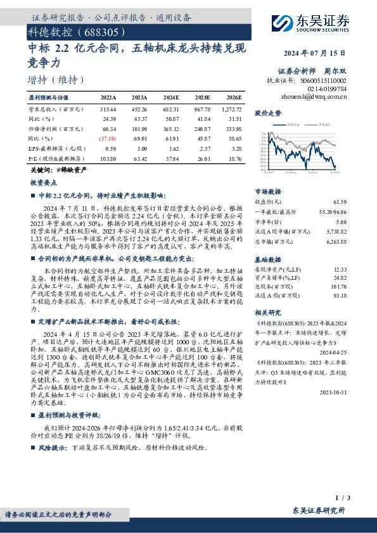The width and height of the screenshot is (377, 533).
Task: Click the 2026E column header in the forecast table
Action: pos(233,98)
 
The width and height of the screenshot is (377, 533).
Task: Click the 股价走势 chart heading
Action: pos(267,113)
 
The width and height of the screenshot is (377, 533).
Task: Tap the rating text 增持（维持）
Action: pos(56,80)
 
